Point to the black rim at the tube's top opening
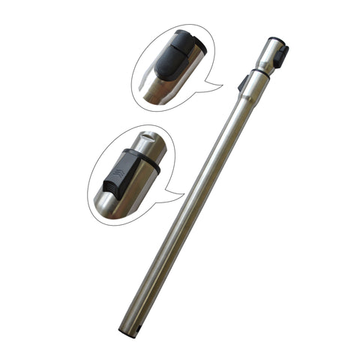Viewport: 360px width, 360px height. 275,39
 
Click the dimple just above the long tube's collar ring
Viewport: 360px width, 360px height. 263,65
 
